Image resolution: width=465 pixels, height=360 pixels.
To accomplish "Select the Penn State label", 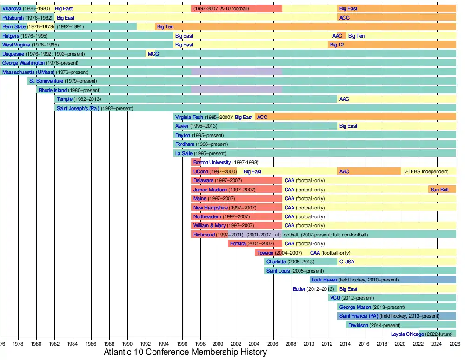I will pyautogui.click(x=14, y=27).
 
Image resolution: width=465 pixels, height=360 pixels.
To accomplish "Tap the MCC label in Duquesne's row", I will pyautogui.click(x=153, y=54).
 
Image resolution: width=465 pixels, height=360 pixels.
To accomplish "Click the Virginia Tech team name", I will pyautogui.click(x=189, y=118).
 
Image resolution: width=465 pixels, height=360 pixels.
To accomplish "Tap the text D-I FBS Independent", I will pyautogui.click(x=425, y=171).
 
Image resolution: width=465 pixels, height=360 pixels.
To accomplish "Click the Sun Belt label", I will pyautogui.click(x=439, y=190).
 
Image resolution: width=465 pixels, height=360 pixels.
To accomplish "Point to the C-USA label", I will pyautogui.click(x=346, y=262).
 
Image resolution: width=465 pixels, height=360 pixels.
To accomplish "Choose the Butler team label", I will pyautogui.click(x=299, y=289).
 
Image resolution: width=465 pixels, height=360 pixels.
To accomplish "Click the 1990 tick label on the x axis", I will pyautogui.click(x=127, y=344).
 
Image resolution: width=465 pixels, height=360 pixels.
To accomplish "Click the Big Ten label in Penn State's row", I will pyautogui.click(x=165, y=27).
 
